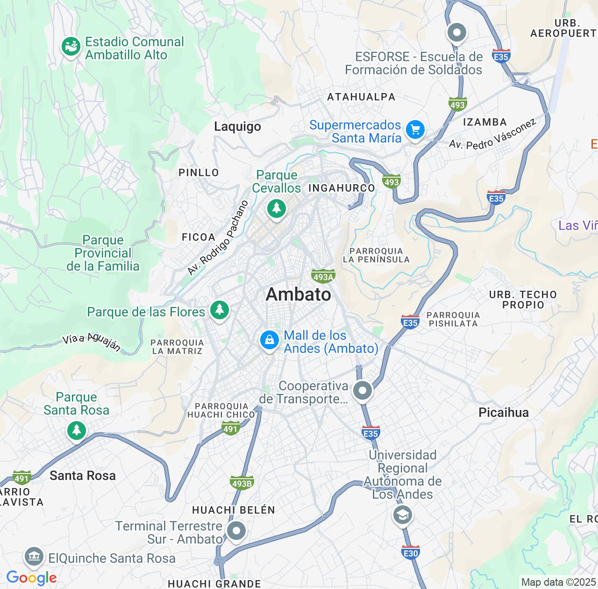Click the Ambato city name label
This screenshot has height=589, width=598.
[299, 294]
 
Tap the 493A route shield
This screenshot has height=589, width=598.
[323, 277]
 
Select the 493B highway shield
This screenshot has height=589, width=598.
[242, 483]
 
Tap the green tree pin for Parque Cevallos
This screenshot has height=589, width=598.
[277, 208]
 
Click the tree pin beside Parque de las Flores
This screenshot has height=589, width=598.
[219, 310]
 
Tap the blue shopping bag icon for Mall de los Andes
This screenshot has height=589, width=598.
[270, 340]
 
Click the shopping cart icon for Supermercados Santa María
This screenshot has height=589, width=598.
[415, 129]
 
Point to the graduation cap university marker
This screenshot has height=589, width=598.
[402, 515]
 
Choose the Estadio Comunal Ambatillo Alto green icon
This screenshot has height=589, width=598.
[71, 47]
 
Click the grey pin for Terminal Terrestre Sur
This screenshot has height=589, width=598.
[236, 531]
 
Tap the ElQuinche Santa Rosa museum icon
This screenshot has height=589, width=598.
[34, 557]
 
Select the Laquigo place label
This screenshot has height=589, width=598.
[237, 127]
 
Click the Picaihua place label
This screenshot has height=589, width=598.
[504, 412]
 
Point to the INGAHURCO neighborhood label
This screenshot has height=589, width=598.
[342, 188]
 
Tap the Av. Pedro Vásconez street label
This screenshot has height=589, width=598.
[492, 134]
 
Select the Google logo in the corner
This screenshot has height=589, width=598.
[31, 578]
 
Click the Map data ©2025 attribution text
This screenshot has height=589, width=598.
[558, 582]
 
